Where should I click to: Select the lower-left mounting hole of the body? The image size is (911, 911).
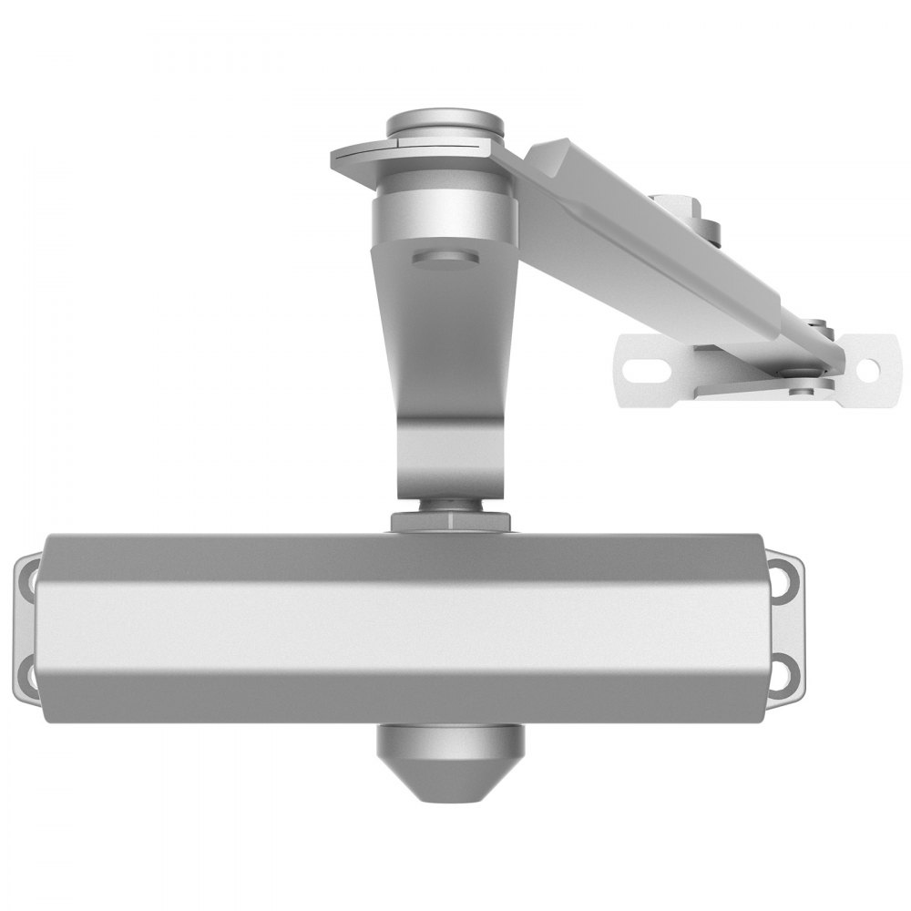click(29, 675)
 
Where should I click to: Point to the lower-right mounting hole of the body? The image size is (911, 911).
click(782, 675)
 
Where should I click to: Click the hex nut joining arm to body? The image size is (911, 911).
click(450, 520)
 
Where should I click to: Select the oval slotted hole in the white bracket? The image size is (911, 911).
click(648, 370)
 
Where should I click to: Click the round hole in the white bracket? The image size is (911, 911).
click(867, 369)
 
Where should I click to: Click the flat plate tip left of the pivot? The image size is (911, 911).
click(351, 159)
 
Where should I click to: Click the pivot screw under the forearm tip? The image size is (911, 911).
click(802, 390)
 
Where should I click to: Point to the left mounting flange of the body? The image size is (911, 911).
click(26, 627)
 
